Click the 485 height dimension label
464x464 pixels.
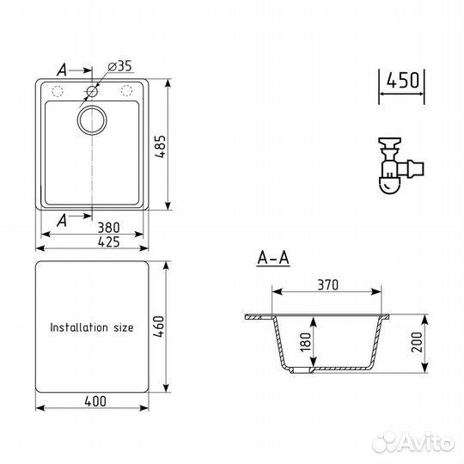pyautogui.click(x=161, y=146)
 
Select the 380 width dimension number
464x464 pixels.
pyautogui.click(x=108, y=228)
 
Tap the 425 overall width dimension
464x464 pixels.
pyautogui.click(x=108, y=241)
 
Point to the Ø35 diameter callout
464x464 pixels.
pyautogui.click(x=119, y=66)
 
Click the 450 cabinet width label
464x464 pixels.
pyautogui.click(x=402, y=80)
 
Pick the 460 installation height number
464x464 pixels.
pyautogui.click(x=159, y=327)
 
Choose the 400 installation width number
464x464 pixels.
pyautogui.click(x=95, y=401)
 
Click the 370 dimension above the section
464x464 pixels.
pyautogui.click(x=327, y=284)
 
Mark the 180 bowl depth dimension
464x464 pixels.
pyautogui.click(x=306, y=342)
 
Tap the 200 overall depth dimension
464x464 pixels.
pyautogui.click(x=417, y=342)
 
